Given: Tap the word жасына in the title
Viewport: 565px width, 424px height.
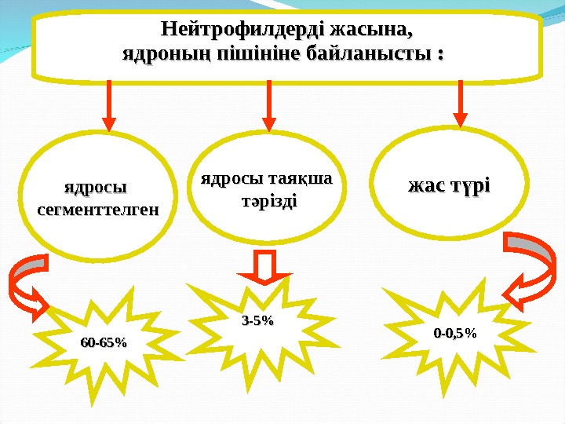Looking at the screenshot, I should [x=371, y=32].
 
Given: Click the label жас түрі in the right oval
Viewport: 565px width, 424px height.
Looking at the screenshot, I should [x=448, y=188].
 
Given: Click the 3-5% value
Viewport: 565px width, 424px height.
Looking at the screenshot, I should [x=258, y=320].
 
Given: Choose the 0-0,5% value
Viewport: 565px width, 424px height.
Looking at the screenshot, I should [x=455, y=333].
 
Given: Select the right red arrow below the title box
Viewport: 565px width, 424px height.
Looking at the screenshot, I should [x=461, y=104].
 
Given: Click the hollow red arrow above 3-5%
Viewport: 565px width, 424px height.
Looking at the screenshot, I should [x=264, y=268].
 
